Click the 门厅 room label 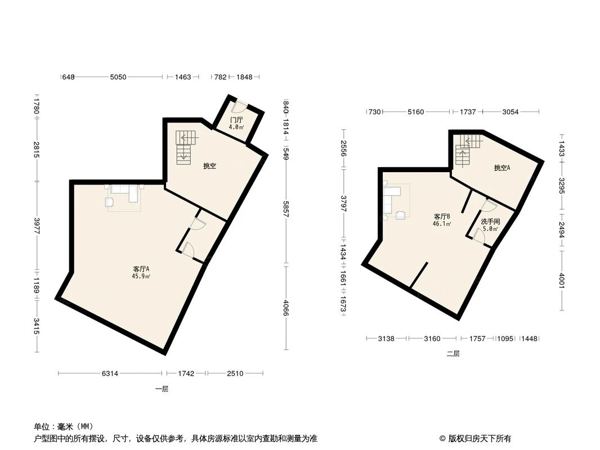point(236,120)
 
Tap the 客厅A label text point(141,269)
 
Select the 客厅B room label point(442,216)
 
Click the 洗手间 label point(490,222)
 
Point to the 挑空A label point(502,168)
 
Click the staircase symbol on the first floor point(185,147)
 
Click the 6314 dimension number point(110,373)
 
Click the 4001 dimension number point(561,279)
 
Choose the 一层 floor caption point(162,389)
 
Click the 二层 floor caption point(453,354)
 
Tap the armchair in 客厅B point(401,214)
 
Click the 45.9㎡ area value point(141,276)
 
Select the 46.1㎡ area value point(442,223)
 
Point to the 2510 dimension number point(235,373)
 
